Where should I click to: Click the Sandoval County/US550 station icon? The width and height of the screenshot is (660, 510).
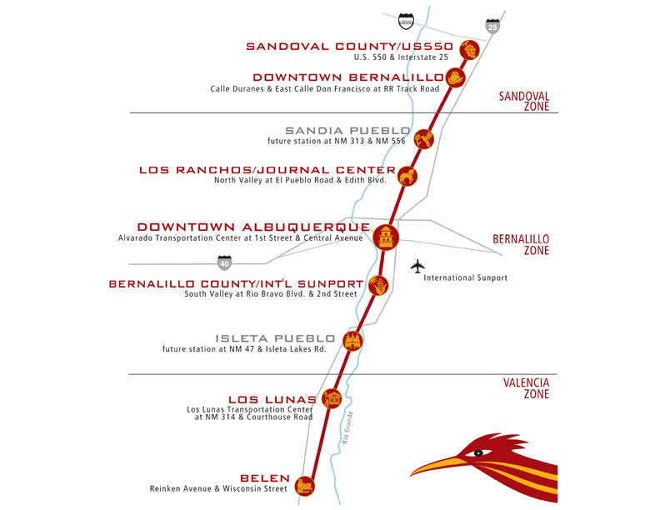pyautogui.click(x=469, y=50)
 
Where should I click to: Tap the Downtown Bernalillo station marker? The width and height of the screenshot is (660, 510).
pyautogui.click(x=456, y=77)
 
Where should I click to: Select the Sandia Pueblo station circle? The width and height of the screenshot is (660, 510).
pyautogui.click(x=424, y=139)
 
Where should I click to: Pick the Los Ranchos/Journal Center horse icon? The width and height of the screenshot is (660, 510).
pyautogui.click(x=407, y=176)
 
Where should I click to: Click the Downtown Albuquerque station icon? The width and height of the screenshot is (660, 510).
pyautogui.click(x=386, y=237)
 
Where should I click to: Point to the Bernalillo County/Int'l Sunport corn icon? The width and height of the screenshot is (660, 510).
pyautogui.click(x=378, y=285)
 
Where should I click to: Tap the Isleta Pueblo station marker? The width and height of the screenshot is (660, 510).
pyautogui.click(x=352, y=341)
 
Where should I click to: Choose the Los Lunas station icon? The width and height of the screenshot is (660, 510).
pyautogui.click(x=332, y=398)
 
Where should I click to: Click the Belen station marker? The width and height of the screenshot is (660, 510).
pyautogui.click(x=305, y=487)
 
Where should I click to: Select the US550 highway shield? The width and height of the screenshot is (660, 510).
pyautogui.click(x=406, y=22)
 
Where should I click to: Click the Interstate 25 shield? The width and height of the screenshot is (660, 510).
pyautogui.click(x=492, y=26)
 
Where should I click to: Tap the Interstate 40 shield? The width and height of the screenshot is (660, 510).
pyautogui.click(x=224, y=263)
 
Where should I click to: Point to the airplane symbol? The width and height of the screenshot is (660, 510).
pyautogui.click(x=417, y=267)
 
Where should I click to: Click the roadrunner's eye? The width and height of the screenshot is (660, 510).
pyautogui.click(x=478, y=453)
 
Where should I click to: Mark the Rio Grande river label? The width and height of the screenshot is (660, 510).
pyautogui.click(x=347, y=427)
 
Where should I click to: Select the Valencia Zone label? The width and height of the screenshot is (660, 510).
pyautogui.click(x=526, y=388)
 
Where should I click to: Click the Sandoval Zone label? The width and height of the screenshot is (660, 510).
pyautogui.click(x=524, y=102)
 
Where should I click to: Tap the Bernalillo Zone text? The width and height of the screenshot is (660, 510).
pyautogui.click(x=521, y=244)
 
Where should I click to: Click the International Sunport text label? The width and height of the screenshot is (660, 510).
pyautogui.click(x=466, y=277)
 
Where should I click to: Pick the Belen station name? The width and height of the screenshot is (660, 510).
pyautogui.click(x=265, y=478)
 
